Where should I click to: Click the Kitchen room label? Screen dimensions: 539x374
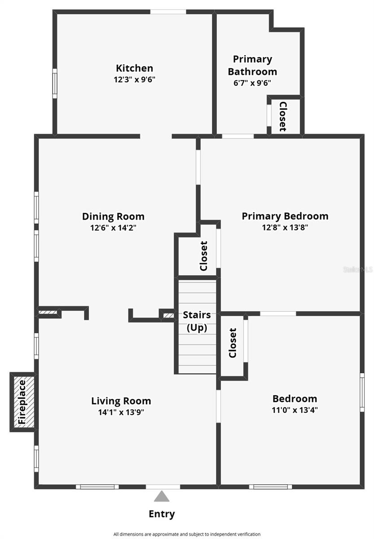point(134,68)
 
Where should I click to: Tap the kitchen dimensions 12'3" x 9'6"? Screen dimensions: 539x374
point(134,80)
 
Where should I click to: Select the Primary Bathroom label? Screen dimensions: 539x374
point(252,65)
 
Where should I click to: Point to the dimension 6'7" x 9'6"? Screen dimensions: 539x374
point(252,83)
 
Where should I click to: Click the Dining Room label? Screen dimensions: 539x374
point(113,216)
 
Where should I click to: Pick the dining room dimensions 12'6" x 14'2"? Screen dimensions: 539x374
point(113,228)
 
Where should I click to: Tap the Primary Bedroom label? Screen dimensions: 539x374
point(285,216)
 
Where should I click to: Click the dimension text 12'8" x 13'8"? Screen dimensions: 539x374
point(285,227)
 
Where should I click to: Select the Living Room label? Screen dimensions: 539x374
point(121,401)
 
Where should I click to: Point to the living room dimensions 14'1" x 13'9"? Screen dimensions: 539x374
point(121,412)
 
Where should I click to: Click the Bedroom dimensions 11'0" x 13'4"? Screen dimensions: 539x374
point(295,410)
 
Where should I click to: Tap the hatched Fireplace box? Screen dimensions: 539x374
point(22,402)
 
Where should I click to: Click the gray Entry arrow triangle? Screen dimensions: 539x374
point(162,496)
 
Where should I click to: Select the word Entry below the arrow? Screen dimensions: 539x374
point(162,514)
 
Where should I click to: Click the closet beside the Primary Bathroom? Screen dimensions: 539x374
point(283,116)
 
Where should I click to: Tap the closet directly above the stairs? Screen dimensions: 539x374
point(203,256)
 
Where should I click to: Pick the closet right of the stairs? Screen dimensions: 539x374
point(233,343)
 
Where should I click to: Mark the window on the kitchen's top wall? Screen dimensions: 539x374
point(168,12)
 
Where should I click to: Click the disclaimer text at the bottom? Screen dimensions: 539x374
point(187,534)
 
